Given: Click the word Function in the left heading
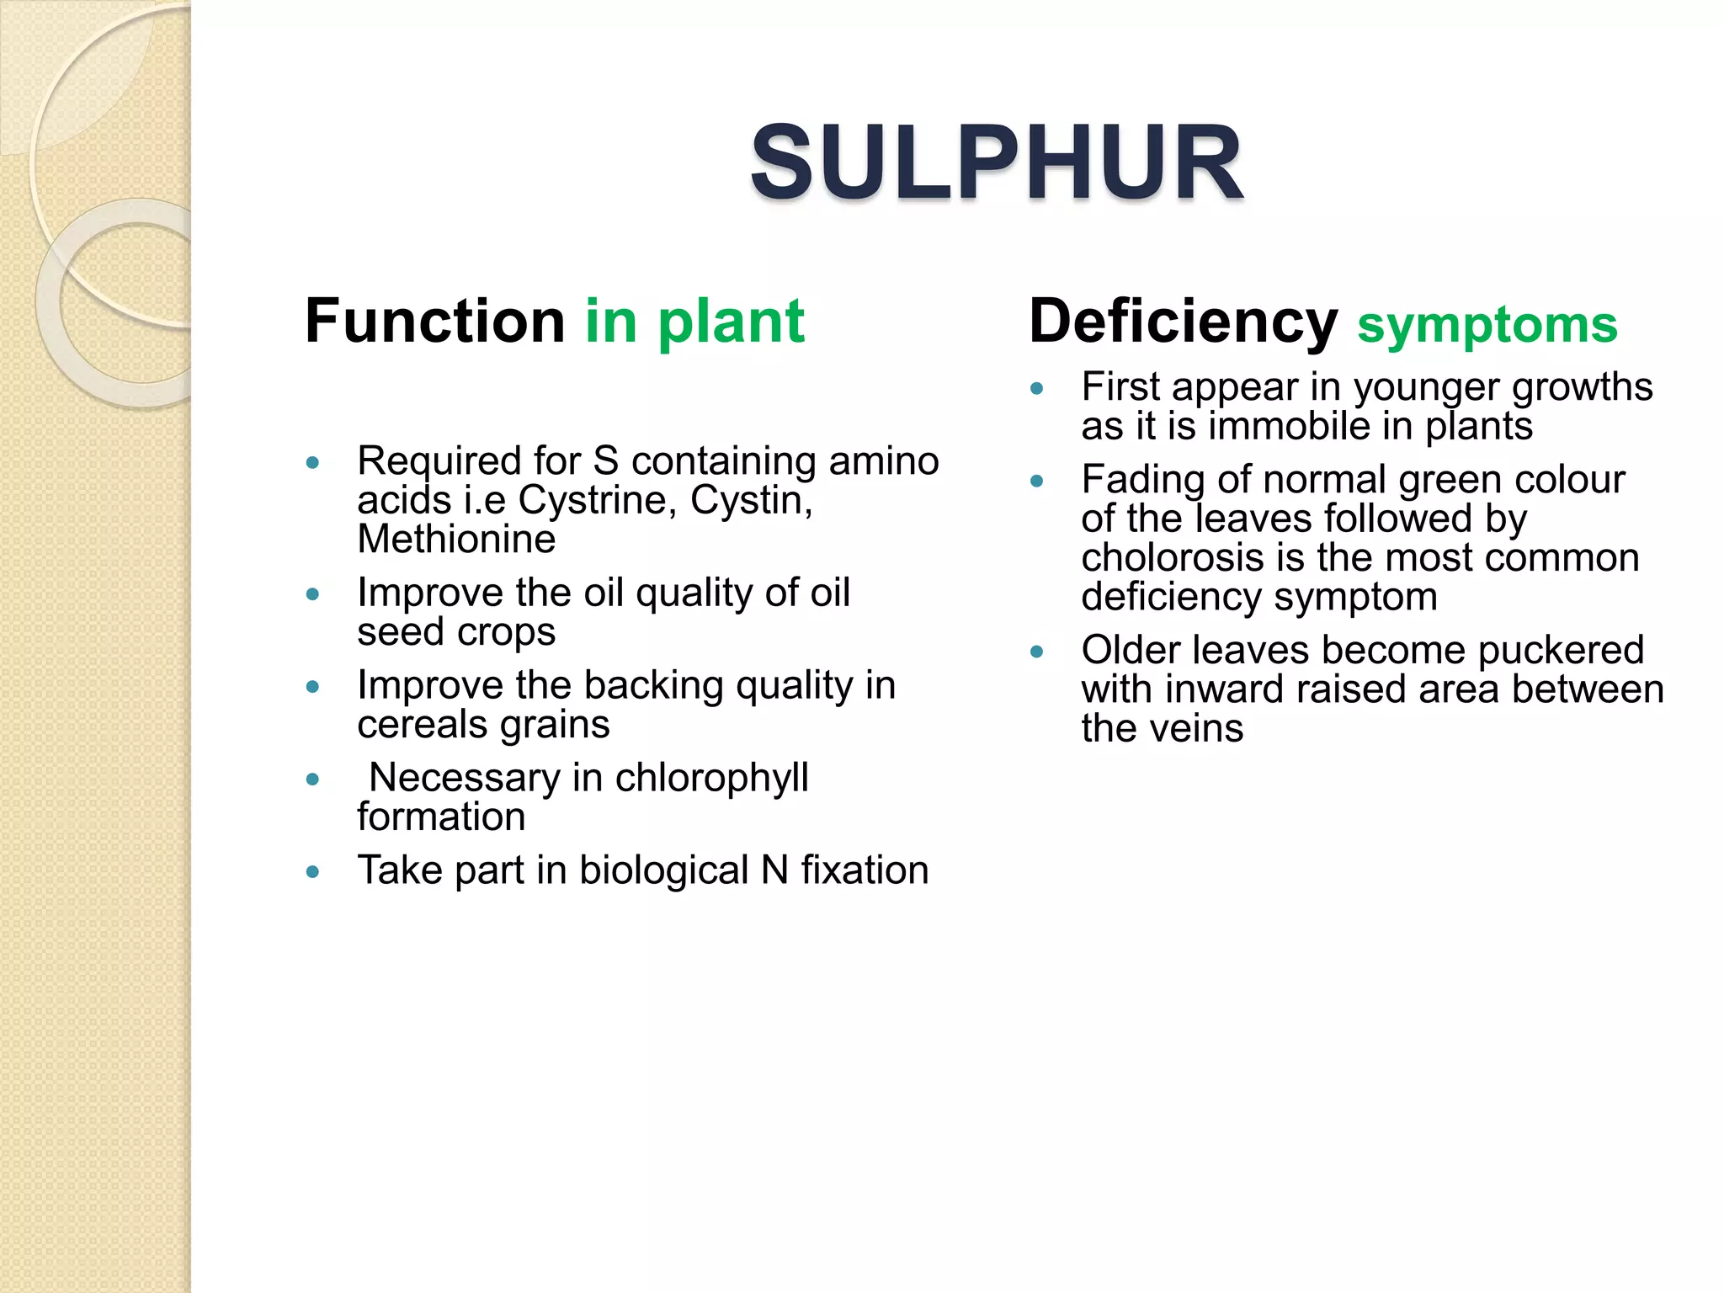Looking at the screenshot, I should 434,321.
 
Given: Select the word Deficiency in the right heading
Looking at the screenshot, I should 1183,321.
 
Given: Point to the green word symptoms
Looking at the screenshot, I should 1487,325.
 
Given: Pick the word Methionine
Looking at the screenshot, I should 456,539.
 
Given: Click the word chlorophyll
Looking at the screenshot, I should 711,778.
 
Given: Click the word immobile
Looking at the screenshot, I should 1289,426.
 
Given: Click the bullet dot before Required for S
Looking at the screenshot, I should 313,462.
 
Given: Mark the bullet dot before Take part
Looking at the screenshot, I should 313,871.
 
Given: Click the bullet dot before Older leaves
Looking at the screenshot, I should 1037,652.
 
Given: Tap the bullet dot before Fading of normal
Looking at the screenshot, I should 1037,481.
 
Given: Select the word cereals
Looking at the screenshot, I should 413,725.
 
